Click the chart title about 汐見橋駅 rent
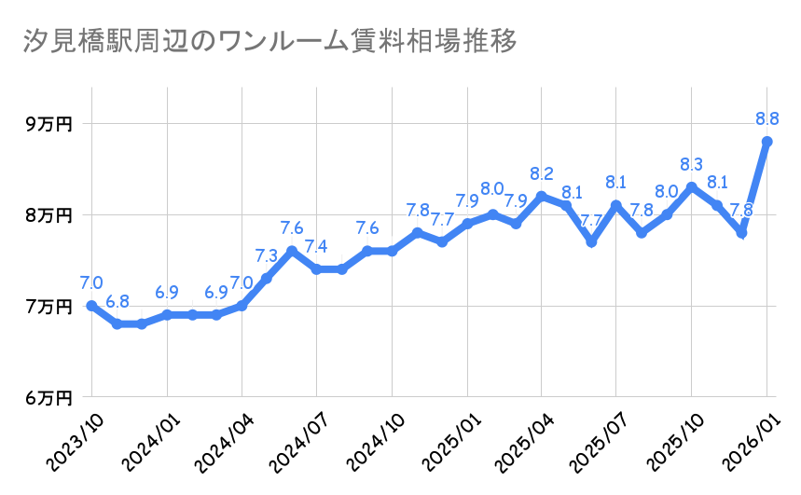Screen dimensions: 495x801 (x=269, y=43)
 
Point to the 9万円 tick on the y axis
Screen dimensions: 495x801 (x=48, y=123)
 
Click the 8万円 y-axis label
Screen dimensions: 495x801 (x=48, y=214)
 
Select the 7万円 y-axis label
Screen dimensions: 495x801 (x=48, y=306)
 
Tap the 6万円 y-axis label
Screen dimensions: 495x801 (x=48, y=397)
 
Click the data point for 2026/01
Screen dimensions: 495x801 (x=766, y=142)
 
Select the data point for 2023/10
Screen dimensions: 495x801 (x=91, y=306)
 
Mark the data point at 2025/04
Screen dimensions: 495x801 (x=542, y=196)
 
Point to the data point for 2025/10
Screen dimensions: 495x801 (x=692, y=187)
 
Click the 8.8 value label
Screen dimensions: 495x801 (x=767, y=118)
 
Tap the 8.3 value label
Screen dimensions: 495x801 (x=692, y=164)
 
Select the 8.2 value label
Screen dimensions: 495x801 (x=542, y=173)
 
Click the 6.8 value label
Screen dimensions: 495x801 (x=117, y=301)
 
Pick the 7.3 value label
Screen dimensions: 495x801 (x=267, y=255)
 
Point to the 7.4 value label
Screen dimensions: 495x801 (x=317, y=247)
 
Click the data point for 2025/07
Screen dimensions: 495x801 (x=616, y=205)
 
